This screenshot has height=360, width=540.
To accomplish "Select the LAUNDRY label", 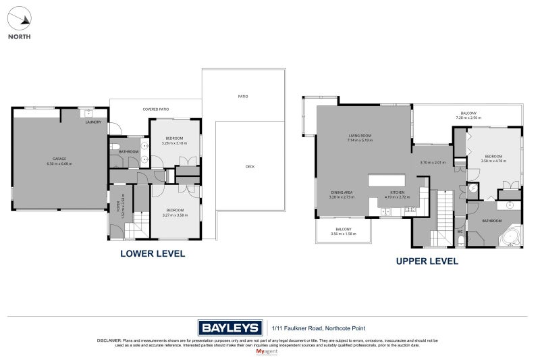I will (x=93, y=122).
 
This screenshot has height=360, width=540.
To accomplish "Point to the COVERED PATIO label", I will (x=155, y=109).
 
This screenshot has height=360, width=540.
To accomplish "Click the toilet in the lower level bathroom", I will (x=115, y=146).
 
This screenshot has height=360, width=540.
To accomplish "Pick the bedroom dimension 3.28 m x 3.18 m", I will (x=174, y=143).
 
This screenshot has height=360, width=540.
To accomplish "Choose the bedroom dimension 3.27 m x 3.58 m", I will (x=175, y=214).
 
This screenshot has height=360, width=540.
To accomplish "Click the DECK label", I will (x=249, y=166).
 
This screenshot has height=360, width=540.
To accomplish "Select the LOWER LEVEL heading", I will (x=152, y=254).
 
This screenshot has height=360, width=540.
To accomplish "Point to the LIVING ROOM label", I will (x=360, y=136).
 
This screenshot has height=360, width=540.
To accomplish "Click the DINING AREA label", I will (x=342, y=192).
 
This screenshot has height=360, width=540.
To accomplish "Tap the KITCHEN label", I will (x=396, y=192).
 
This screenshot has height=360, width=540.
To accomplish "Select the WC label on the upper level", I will (x=460, y=232).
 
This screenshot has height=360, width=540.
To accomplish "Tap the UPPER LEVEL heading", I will (x=427, y=261).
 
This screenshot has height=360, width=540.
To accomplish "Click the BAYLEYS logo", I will (x=230, y=328).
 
